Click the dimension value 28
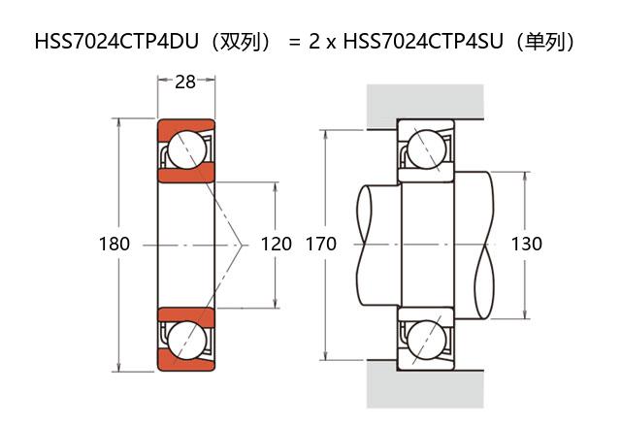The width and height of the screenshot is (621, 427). click(184, 82)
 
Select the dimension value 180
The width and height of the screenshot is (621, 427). click(114, 245)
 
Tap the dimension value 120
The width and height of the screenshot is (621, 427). click(277, 245)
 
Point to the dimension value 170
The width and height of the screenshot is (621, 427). click(320, 245)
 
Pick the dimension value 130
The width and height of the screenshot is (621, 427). click(526, 245)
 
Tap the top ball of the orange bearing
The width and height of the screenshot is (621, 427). click(185, 149)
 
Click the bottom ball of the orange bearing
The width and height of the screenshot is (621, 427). click(185, 339)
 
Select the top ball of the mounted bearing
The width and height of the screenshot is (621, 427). click(425, 149)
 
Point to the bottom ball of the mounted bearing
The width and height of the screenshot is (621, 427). click(425, 339)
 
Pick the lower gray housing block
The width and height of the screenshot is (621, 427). click(425, 388)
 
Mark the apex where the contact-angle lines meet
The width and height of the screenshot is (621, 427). click(242, 245)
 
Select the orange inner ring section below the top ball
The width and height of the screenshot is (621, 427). click(185, 175)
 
